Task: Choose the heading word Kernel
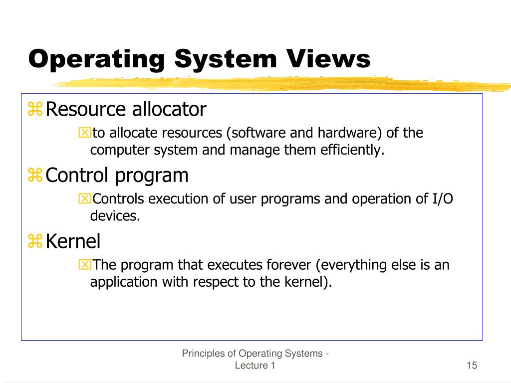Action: [73, 241]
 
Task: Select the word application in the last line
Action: [124, 282]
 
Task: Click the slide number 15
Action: [472, 366]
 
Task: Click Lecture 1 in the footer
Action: [255, 366]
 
